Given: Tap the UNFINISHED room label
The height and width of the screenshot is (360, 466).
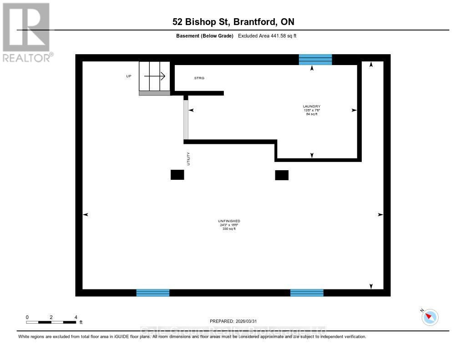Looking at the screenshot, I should (229, 221).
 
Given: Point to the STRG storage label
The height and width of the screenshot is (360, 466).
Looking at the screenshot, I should (199, 78).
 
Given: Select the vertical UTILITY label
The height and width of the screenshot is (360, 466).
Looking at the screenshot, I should (187, 159).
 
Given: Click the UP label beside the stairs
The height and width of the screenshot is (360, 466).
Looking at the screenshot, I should (129, 76).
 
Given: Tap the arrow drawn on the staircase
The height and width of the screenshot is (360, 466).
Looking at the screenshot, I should (155, 76).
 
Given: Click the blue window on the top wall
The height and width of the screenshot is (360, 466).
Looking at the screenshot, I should (315, 60).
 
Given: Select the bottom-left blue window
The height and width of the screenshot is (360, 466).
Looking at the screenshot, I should (153, 293).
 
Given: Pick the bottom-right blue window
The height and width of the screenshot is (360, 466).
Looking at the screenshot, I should (307, 293).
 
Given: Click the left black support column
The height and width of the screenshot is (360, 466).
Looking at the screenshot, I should (177, 175).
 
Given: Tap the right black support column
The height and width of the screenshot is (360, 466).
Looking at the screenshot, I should (282, 175).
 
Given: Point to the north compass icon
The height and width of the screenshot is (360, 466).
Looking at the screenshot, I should (430, 317).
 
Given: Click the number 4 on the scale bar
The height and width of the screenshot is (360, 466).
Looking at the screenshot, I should (76, 317).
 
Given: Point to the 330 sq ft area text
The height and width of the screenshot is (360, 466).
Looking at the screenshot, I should (229, 228).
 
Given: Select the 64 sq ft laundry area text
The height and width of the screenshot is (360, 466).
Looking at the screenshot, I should (312, 114).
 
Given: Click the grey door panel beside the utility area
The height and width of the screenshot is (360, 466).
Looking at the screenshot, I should (186, 120).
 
